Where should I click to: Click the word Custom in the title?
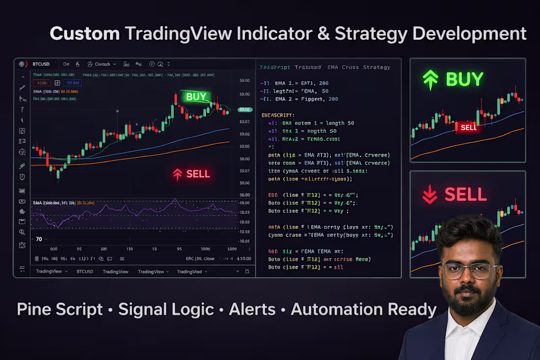(84, 33)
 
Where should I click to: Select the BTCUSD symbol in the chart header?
(42, 64)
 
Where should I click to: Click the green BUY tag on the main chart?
(196, 97)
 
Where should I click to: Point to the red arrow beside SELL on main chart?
(177, 174)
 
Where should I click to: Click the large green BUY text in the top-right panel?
(464, 80)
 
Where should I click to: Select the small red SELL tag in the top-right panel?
(468, 127)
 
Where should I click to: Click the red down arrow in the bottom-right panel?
(430, 195)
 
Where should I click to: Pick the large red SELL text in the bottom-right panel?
(465, 194)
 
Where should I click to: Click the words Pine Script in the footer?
(60, 309)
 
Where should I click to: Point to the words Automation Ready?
(363, 309)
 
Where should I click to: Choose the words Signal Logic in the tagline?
(166, 309)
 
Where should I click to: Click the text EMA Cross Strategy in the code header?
(360, 67)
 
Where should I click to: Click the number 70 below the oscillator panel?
(39, 239)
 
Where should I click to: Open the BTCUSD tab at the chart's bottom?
(84, 272)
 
